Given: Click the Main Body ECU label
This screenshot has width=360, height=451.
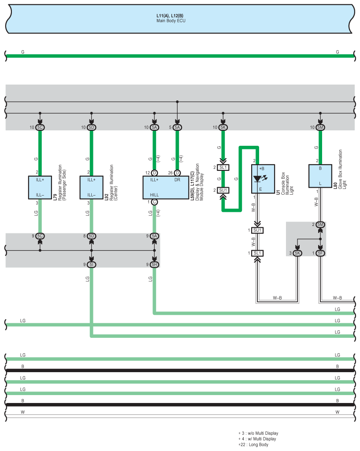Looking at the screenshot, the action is [171, 21].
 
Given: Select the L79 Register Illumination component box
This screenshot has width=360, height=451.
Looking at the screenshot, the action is [40, 188].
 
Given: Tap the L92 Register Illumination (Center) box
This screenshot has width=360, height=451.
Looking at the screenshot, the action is [92, 188].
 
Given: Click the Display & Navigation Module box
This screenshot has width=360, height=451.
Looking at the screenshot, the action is [166, 188].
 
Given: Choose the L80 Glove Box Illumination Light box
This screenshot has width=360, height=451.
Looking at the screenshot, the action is [320, 176].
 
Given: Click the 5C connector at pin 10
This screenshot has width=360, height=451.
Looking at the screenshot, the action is [40, 127].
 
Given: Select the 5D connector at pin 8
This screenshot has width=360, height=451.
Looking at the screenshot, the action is [92, 236].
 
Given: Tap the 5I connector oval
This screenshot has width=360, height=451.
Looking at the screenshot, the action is [92, 265].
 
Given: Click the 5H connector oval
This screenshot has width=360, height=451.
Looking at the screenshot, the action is [155, 265].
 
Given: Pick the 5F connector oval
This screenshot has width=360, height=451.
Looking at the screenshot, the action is [320, 253].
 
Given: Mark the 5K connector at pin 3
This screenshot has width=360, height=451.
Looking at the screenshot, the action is [297, 253].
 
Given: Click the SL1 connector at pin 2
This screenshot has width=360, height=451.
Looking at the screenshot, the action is [223, 167].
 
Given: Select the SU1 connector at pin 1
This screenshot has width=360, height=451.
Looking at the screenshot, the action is [257, 230].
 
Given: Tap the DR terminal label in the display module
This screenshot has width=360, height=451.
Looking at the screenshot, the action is [177, 180].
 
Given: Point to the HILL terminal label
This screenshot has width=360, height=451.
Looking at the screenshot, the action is [154, 195].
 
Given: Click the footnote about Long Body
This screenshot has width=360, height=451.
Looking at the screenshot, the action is [253, 445].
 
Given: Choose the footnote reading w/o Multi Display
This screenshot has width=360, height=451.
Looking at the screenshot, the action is [258, 433].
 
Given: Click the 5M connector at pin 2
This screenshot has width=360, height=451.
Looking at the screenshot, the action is [320, 225].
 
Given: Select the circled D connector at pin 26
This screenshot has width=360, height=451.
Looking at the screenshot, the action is [177, 173].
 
